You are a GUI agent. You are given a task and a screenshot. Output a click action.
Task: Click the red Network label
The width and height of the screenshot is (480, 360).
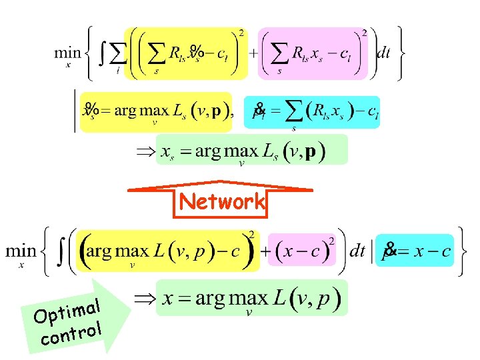[222, 202]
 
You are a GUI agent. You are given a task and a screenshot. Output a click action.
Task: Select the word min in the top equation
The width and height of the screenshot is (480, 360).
[67, 53]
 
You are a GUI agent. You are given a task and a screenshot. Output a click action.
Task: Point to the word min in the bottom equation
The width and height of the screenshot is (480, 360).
[21, 251]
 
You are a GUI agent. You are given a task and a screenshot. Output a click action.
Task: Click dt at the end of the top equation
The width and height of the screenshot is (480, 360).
[383, 53]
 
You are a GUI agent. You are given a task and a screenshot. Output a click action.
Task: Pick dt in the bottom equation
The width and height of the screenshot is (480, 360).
[357, 251]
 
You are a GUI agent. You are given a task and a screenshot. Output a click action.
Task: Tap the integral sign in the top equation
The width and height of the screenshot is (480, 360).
[102, 53]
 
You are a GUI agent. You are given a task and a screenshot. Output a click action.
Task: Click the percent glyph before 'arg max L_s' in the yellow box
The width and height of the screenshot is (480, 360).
[91, 108]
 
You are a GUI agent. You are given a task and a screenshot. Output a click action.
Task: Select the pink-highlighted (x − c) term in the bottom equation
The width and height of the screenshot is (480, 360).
[302, 251]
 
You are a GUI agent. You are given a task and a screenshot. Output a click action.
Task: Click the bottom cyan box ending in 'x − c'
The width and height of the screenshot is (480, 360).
[415, 251]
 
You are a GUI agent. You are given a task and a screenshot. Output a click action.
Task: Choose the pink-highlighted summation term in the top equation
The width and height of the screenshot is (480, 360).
[313, 54]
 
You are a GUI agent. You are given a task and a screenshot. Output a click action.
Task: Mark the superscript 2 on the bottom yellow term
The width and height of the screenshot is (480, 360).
[251, 234]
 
